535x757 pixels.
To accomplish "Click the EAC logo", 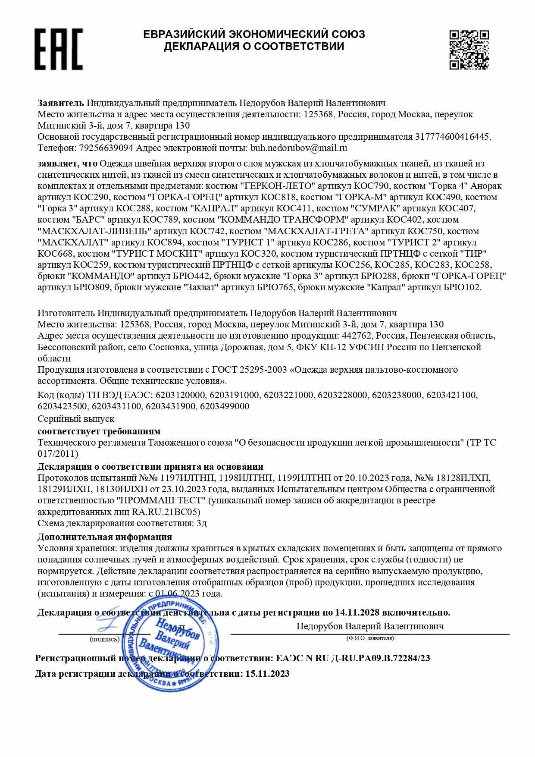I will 59,49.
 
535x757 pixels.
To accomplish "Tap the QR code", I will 469,50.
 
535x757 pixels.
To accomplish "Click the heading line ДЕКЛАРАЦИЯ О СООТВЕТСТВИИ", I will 254,47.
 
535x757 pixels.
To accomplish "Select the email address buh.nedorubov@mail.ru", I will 299,148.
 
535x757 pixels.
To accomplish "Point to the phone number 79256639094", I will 106,148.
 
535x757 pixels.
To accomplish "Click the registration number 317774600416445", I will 452,137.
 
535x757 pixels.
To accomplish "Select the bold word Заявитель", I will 61,103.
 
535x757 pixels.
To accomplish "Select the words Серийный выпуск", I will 76,419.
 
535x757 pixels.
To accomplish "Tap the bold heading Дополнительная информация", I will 105,537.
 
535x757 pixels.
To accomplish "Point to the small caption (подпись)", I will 104,639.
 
